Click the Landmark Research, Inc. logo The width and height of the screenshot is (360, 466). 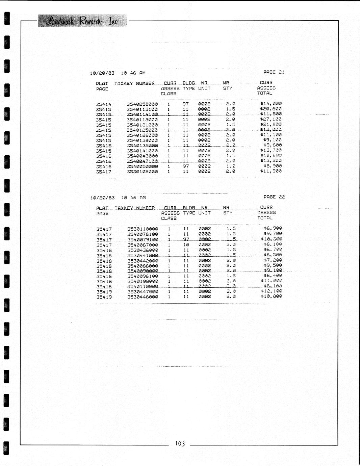pos(82,21)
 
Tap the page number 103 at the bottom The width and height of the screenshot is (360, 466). pos(180,444)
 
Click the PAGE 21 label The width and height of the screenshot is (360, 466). pos(274,72)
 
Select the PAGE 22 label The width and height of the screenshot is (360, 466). pos(274,197)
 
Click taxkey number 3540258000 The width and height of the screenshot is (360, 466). pos(142,104)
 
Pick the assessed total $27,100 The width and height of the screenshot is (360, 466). pos(271,119)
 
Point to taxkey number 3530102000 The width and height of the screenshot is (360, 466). pos(142,172)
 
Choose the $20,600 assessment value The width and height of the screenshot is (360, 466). pos(271,109)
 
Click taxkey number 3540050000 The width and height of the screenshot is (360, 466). pos(142,166)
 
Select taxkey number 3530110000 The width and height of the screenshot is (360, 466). pos(143,229)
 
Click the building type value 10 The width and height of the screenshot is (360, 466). pos(186,245)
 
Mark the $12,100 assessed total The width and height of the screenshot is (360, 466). pos(271,291)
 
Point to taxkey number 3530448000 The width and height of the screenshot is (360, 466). pos(143,297)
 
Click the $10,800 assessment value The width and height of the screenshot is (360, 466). pos(271,296)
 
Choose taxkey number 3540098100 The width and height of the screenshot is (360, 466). pos(143,276)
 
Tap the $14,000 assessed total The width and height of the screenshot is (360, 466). pos(271,104)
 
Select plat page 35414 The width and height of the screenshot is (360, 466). pos(103,104)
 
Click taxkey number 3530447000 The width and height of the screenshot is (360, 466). pos(143,291)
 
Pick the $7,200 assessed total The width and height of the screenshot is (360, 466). pos(273,260)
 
